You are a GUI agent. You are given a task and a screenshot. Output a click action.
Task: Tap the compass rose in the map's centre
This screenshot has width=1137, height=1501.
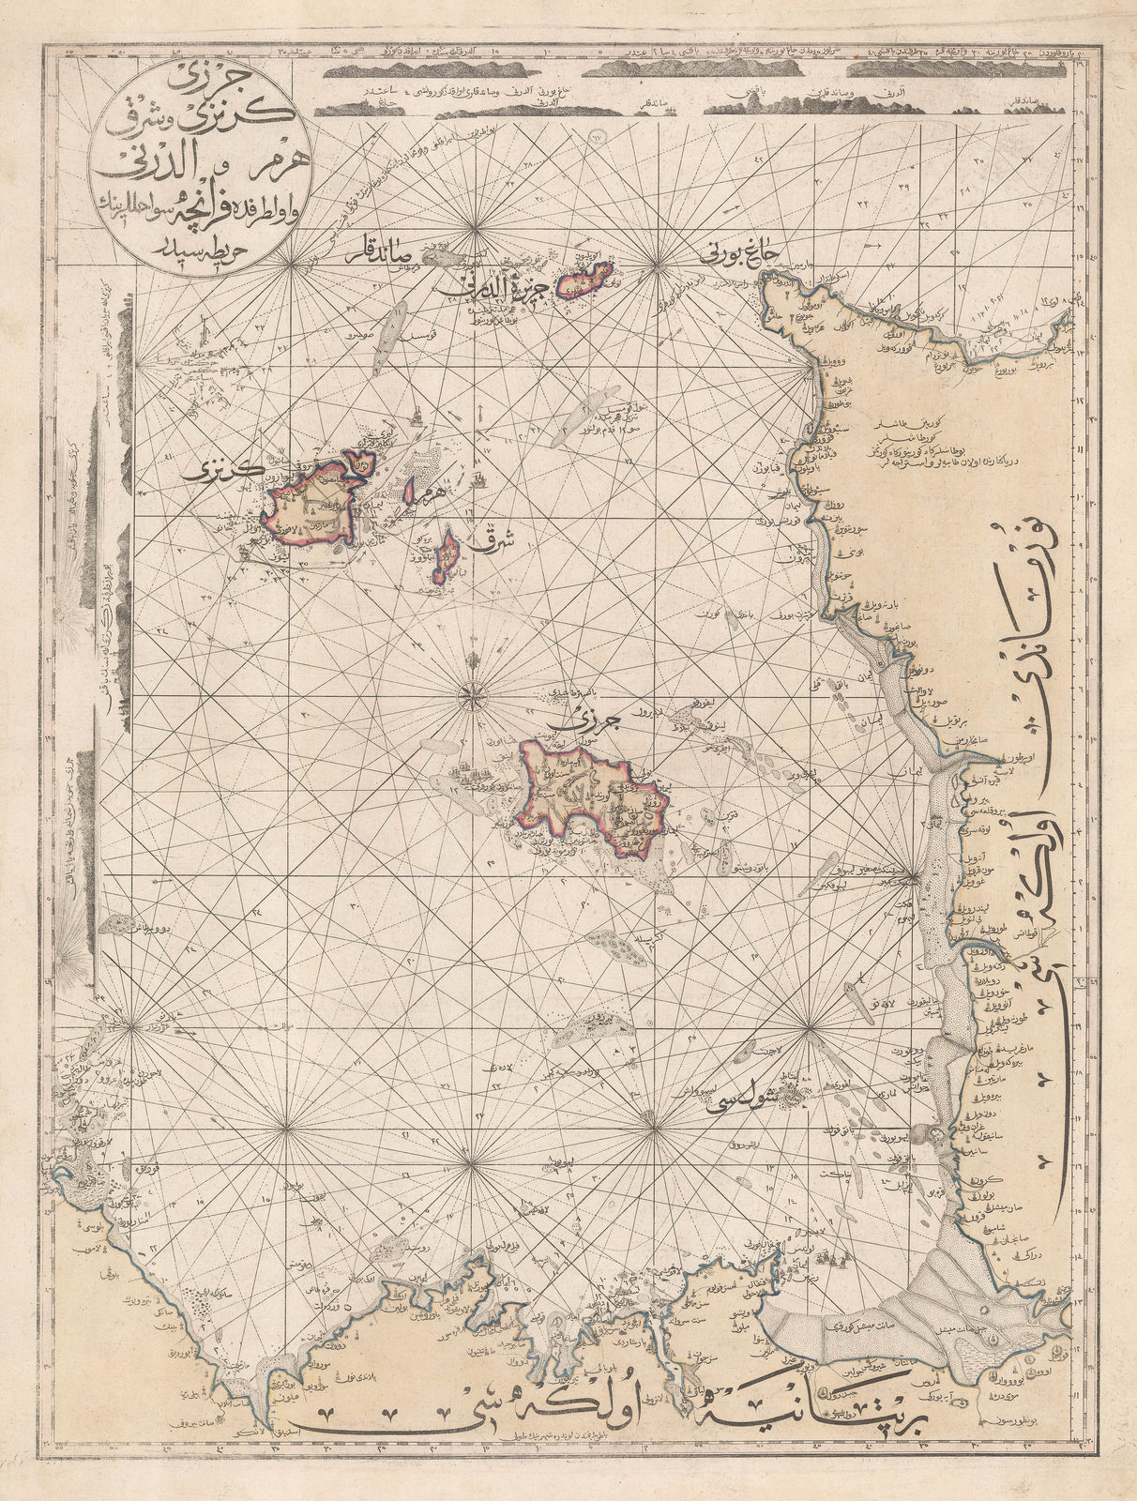point(469,695)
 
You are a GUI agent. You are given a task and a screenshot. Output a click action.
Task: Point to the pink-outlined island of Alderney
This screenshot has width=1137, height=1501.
point(584,279)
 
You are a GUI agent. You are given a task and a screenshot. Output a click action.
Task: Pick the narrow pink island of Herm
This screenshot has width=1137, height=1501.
point(412,488)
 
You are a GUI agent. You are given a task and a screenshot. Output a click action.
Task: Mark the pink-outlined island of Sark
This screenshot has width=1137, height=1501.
point(447,557)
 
